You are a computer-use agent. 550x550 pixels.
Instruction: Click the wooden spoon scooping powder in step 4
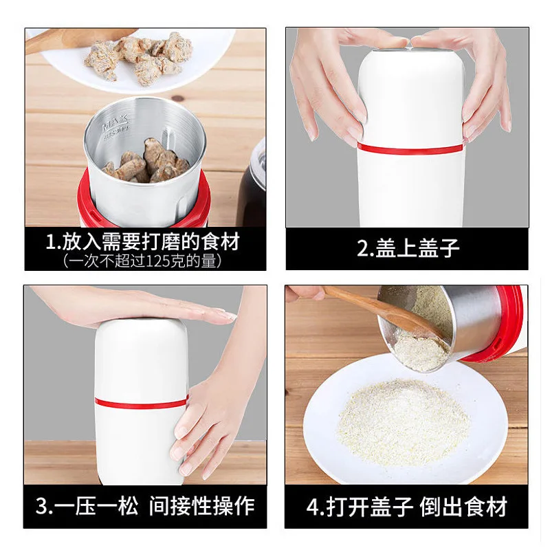coord(385,309)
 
